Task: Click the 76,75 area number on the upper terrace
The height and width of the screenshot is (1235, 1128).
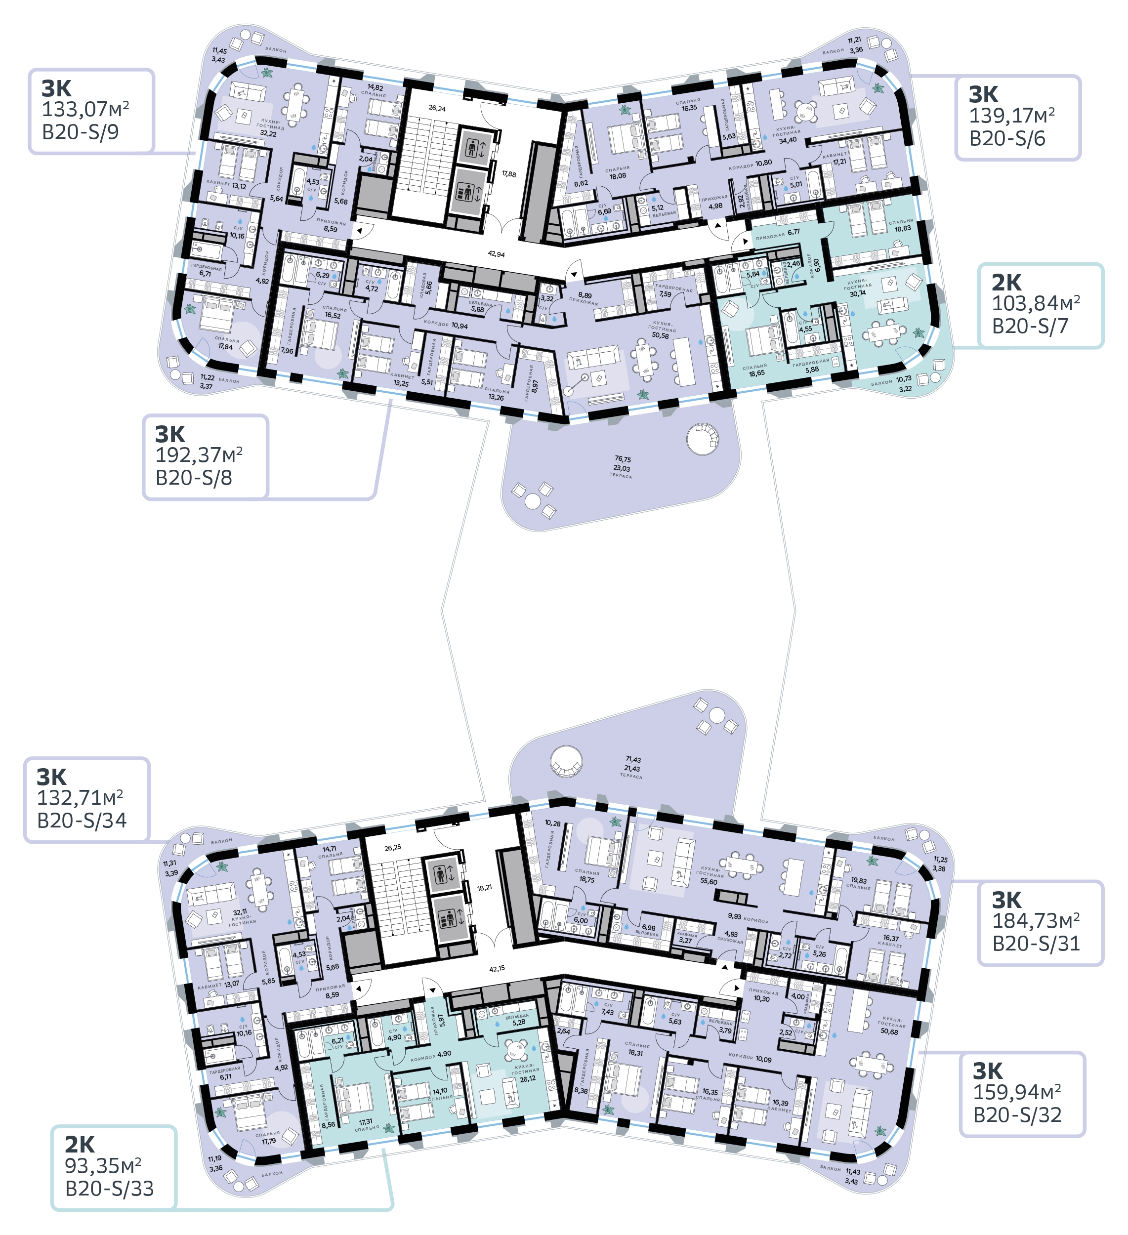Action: [x=623, y=458]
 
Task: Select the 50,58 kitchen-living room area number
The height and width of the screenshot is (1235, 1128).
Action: [x=661, y=335]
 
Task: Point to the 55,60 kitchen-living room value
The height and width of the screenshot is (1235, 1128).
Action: [x=709, y=881]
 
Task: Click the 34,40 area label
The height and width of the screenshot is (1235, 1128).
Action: [x=788, y=140]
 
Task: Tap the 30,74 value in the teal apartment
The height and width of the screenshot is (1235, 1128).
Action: [x=857, y=293]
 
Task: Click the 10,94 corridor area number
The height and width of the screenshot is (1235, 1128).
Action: [x=460, y=326]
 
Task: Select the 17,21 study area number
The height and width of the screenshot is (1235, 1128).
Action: [x=838, y=162]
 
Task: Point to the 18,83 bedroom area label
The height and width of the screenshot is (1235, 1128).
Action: [x=903, y=228]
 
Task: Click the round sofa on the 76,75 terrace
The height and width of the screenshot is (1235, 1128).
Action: [x=700, y=439]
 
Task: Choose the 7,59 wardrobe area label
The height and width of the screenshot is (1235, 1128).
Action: [x=666, y=294]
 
